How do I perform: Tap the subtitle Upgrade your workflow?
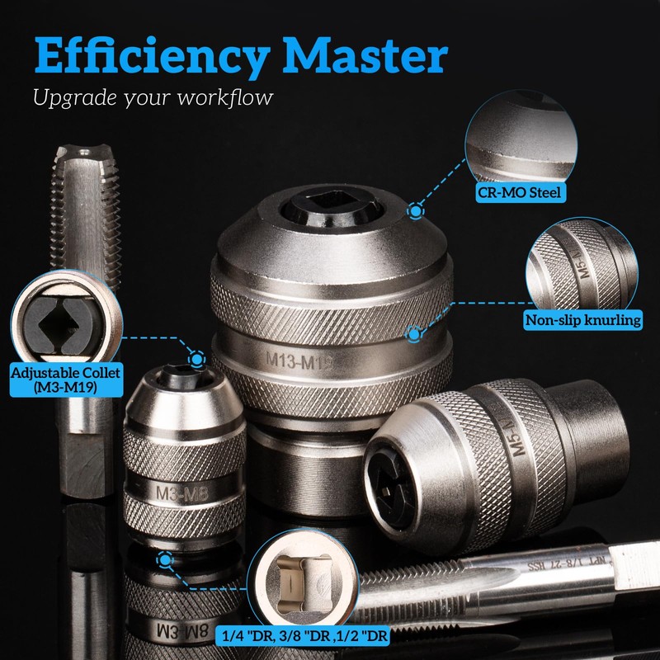click(153, 97)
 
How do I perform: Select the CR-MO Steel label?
click(521, 194)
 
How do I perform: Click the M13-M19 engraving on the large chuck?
click(309, 360)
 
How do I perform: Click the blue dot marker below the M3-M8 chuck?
click(165, 562)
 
